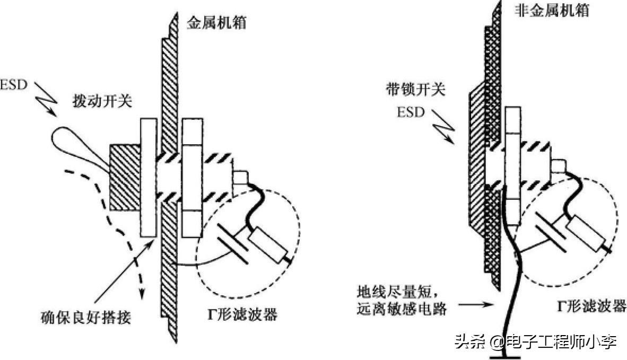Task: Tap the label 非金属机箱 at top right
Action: (552, 11)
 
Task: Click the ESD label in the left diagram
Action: (13, 85)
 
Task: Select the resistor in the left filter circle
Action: (266, 243)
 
